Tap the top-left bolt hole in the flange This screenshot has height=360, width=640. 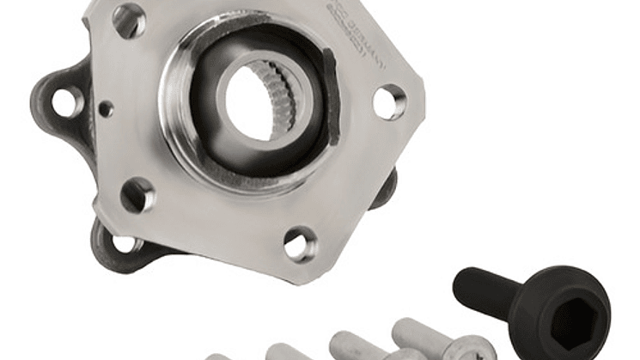[x=129, y=20]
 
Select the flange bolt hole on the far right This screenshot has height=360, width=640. [x=388, y=101]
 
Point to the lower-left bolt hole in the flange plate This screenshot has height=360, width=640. [x=137, y=195]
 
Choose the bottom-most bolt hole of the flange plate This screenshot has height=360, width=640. [x=300, y=245]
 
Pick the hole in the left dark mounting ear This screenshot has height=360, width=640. [x=65, y=102]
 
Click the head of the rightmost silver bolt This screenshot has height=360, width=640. [x=469, y=349]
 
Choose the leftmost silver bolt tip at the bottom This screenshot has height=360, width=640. [x=218, y=356]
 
